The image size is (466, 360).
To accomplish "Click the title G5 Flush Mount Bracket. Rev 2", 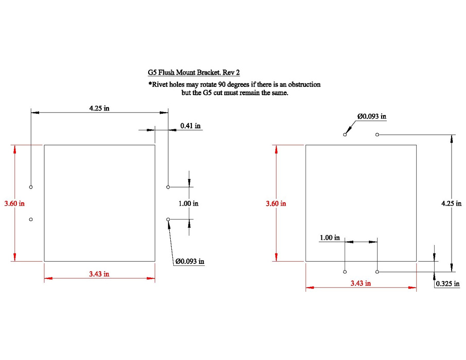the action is [x=194, y=73].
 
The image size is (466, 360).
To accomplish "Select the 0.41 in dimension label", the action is [x=190, y=126].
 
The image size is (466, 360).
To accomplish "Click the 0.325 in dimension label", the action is [x=447, y=283].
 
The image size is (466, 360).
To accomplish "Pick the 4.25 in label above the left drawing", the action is [x=99, y=108].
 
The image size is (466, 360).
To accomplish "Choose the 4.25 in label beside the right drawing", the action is [x=451, y=203].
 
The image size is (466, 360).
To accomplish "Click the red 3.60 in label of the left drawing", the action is [x=14, y=203].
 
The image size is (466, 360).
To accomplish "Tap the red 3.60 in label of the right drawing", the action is [x=276, y=203].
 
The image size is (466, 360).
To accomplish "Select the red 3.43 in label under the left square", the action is [x=99, y=274].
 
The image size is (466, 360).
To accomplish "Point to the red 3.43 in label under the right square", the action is [x=361, y=283].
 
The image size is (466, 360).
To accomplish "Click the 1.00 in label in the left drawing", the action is [x=188, y=203].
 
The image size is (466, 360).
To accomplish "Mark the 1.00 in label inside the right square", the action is [x=330, y=238].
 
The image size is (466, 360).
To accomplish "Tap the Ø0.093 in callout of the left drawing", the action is [x=190, y=261].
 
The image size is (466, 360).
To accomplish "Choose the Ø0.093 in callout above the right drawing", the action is [x=372, y=116].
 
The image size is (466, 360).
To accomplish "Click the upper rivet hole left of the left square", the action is [x=31, y=187].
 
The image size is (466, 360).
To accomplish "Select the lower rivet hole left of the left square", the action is [x=31, y=220].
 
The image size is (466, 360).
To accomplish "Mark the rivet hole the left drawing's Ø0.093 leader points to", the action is [x=168, y=220].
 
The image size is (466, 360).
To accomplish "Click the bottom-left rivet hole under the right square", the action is [x=345, y=272].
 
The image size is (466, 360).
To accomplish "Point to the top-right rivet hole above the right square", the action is [x=377, y=135].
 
